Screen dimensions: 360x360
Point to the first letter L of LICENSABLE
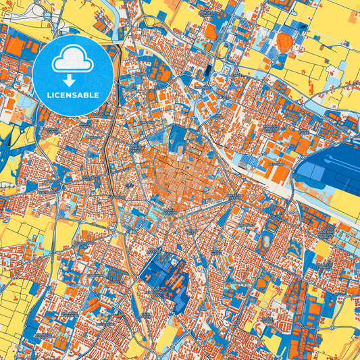[49, 95]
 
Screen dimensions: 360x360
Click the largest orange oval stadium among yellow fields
[285, 44]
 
